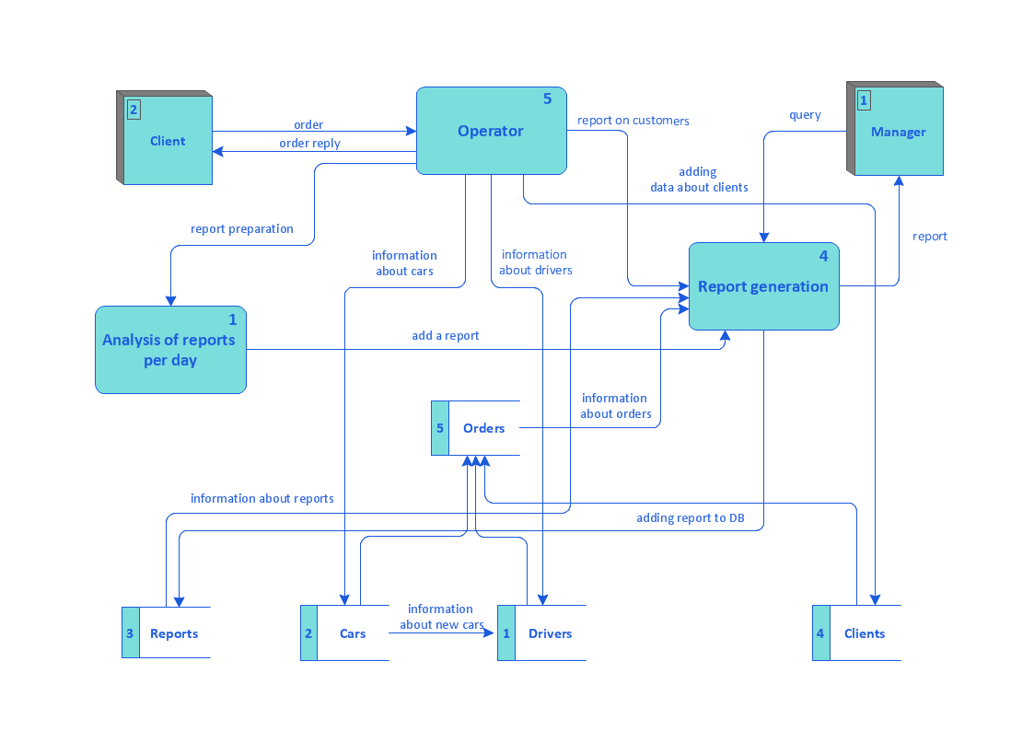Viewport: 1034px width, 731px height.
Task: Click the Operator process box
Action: click(x=491, y=131)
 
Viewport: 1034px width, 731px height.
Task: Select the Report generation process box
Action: click(x=763, y=286)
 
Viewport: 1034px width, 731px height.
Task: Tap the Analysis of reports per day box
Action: click(x=170, y=350)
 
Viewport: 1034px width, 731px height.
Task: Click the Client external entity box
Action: click(x=168, y=141)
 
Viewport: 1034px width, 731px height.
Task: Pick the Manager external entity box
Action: click(x=898, y=132)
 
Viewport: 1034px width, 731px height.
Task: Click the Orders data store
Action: click(x=483, y=428)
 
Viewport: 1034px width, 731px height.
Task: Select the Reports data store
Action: click(x=173, y=633)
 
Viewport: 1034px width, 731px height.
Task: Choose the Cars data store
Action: click(x=352, y=633)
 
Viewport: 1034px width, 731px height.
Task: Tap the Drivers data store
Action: click(x=550, y=633)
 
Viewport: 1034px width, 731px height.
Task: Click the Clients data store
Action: click(x=864, y=633)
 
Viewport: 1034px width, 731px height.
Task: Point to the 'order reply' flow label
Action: click(x=309, y=144)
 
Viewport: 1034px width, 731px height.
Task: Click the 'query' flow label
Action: click(x=805, y=115)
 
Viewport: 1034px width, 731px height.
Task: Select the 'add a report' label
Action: click(x=446, y=336)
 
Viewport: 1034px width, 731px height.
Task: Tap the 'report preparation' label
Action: click(x=242, y=229)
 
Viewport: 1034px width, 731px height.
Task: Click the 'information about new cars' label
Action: click(x=441, y=617)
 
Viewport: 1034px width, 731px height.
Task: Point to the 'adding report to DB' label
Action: click(x=690, y=518)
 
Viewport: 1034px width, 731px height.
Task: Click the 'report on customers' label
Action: click(x=633, y=121)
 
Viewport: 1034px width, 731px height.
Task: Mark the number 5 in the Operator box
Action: click(x=547, y=99)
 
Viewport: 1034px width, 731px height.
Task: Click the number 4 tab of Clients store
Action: click(x=820, y=633)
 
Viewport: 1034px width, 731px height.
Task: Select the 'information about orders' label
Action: click(x=615, y=406)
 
